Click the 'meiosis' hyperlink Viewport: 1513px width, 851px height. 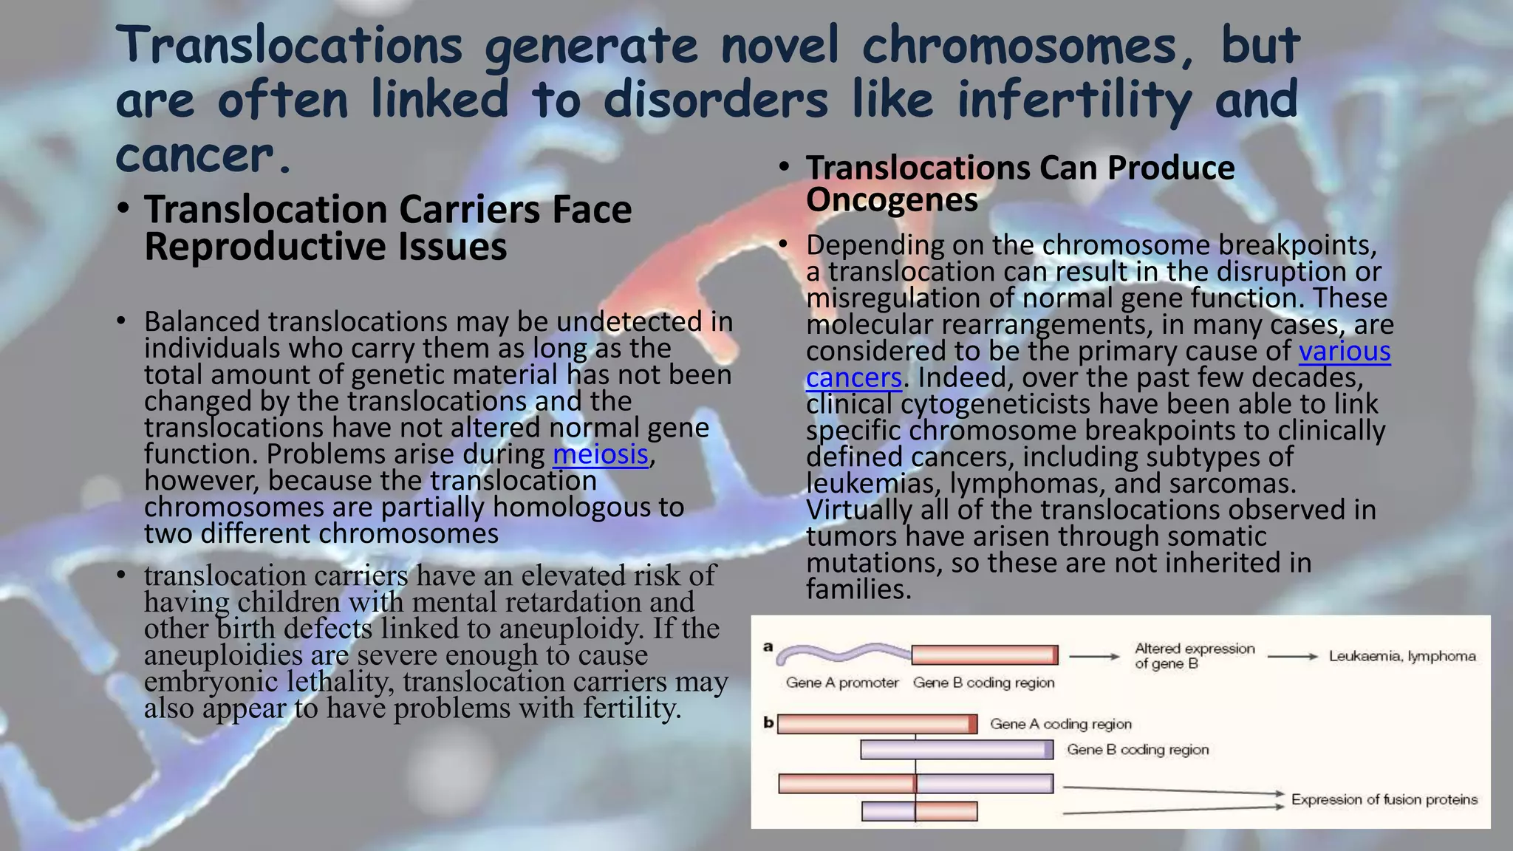click(601, 454)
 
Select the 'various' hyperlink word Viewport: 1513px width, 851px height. click(1345, 351)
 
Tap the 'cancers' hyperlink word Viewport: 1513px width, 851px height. click(853, 377)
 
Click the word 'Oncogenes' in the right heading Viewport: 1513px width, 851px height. click(892, 199)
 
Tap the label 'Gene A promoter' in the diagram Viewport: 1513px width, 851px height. click(841, 683)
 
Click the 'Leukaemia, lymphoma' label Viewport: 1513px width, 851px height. click(1401, 656)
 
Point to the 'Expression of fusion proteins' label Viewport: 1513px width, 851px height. click(1384, 799)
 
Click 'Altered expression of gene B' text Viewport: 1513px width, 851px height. click(1194, 656)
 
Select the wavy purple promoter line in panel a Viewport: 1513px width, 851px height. click(842, 652)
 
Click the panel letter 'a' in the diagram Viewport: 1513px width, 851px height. click(768, 647)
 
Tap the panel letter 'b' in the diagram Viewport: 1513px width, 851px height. click(768, 723)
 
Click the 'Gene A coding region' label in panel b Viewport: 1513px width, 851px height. click(1060, 724)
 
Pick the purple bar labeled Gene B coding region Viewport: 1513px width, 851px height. click(957, 750)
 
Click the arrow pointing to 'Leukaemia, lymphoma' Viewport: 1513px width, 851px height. click(1292, 656)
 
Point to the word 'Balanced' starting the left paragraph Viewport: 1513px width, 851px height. click(202, 322)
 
